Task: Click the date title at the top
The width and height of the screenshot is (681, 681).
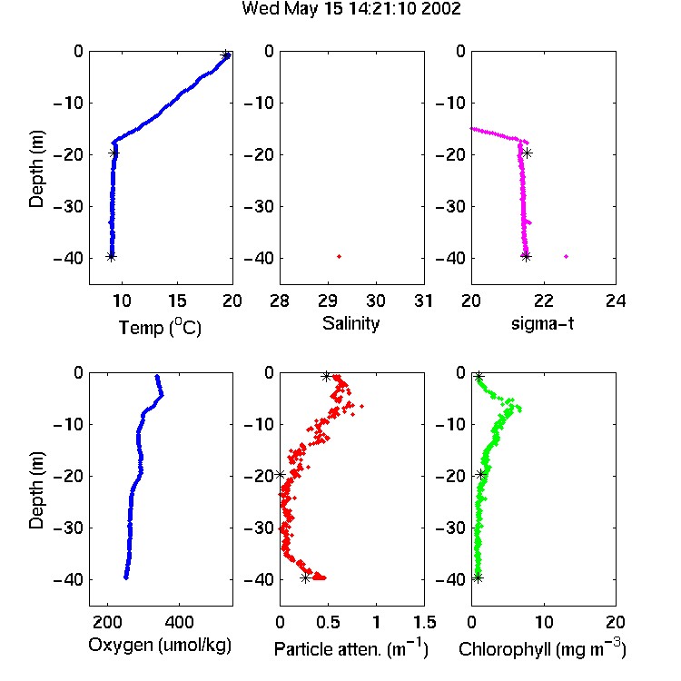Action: coord(350,8)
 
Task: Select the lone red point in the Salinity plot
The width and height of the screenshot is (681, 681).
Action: coord(340,257)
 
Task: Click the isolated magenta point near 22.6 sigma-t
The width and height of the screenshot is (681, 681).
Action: coord(566,257)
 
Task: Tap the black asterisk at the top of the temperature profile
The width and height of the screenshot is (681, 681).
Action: coord(225,55)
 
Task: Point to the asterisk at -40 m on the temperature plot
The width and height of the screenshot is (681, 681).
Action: coord(111,257)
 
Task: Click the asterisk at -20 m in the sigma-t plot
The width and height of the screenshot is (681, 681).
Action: coord(527,153)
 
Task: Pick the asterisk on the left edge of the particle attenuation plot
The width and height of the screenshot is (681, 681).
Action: coord(281,474)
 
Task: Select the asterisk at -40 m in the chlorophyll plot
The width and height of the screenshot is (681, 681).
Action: coord(478,578)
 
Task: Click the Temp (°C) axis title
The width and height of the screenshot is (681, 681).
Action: coord(160,327)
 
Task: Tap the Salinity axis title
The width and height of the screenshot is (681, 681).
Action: coord(350,323)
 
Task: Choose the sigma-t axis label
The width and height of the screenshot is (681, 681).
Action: coord(542,323)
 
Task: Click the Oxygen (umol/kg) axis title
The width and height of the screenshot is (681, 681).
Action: coord(160,646)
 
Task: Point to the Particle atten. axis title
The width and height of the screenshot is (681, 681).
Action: coord(350,648)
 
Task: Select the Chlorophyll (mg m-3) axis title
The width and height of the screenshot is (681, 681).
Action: coord(542,648)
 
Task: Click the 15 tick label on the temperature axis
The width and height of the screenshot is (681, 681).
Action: coord(177,301)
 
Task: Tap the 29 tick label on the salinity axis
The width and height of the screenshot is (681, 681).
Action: coord(328,301)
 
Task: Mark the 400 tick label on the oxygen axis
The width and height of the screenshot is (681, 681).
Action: coord(179,622)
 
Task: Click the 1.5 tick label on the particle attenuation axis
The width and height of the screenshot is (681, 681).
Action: coord(424,622)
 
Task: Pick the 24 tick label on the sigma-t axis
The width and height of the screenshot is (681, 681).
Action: coord(616,301)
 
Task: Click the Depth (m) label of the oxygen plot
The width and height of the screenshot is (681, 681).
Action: coord(36,490)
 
